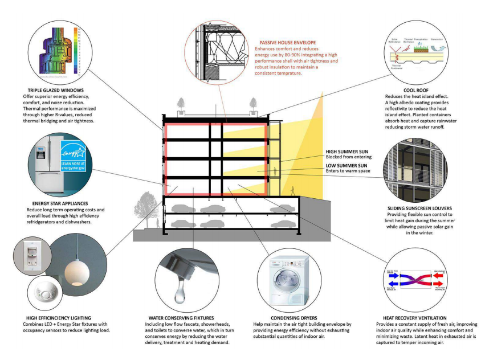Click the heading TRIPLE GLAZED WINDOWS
click(55, 90)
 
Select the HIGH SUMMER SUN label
click(347, 151)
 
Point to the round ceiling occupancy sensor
click(44, 293)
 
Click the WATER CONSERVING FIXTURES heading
click(181, 317)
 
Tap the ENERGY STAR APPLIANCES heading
click(62, 203)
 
